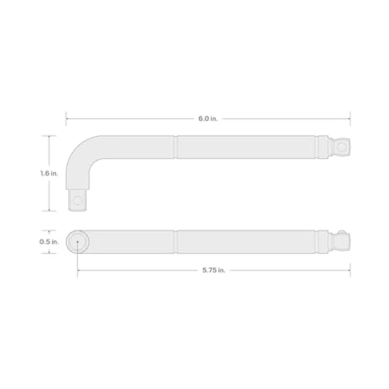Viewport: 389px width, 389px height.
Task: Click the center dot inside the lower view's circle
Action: click(x=77, y=242)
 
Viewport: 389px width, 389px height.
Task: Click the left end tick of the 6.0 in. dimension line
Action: click(x=66, y=118)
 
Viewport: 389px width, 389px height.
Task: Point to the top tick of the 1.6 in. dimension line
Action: click(x=51, y=136)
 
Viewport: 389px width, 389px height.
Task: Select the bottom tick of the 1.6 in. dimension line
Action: click(x=51, y=211)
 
